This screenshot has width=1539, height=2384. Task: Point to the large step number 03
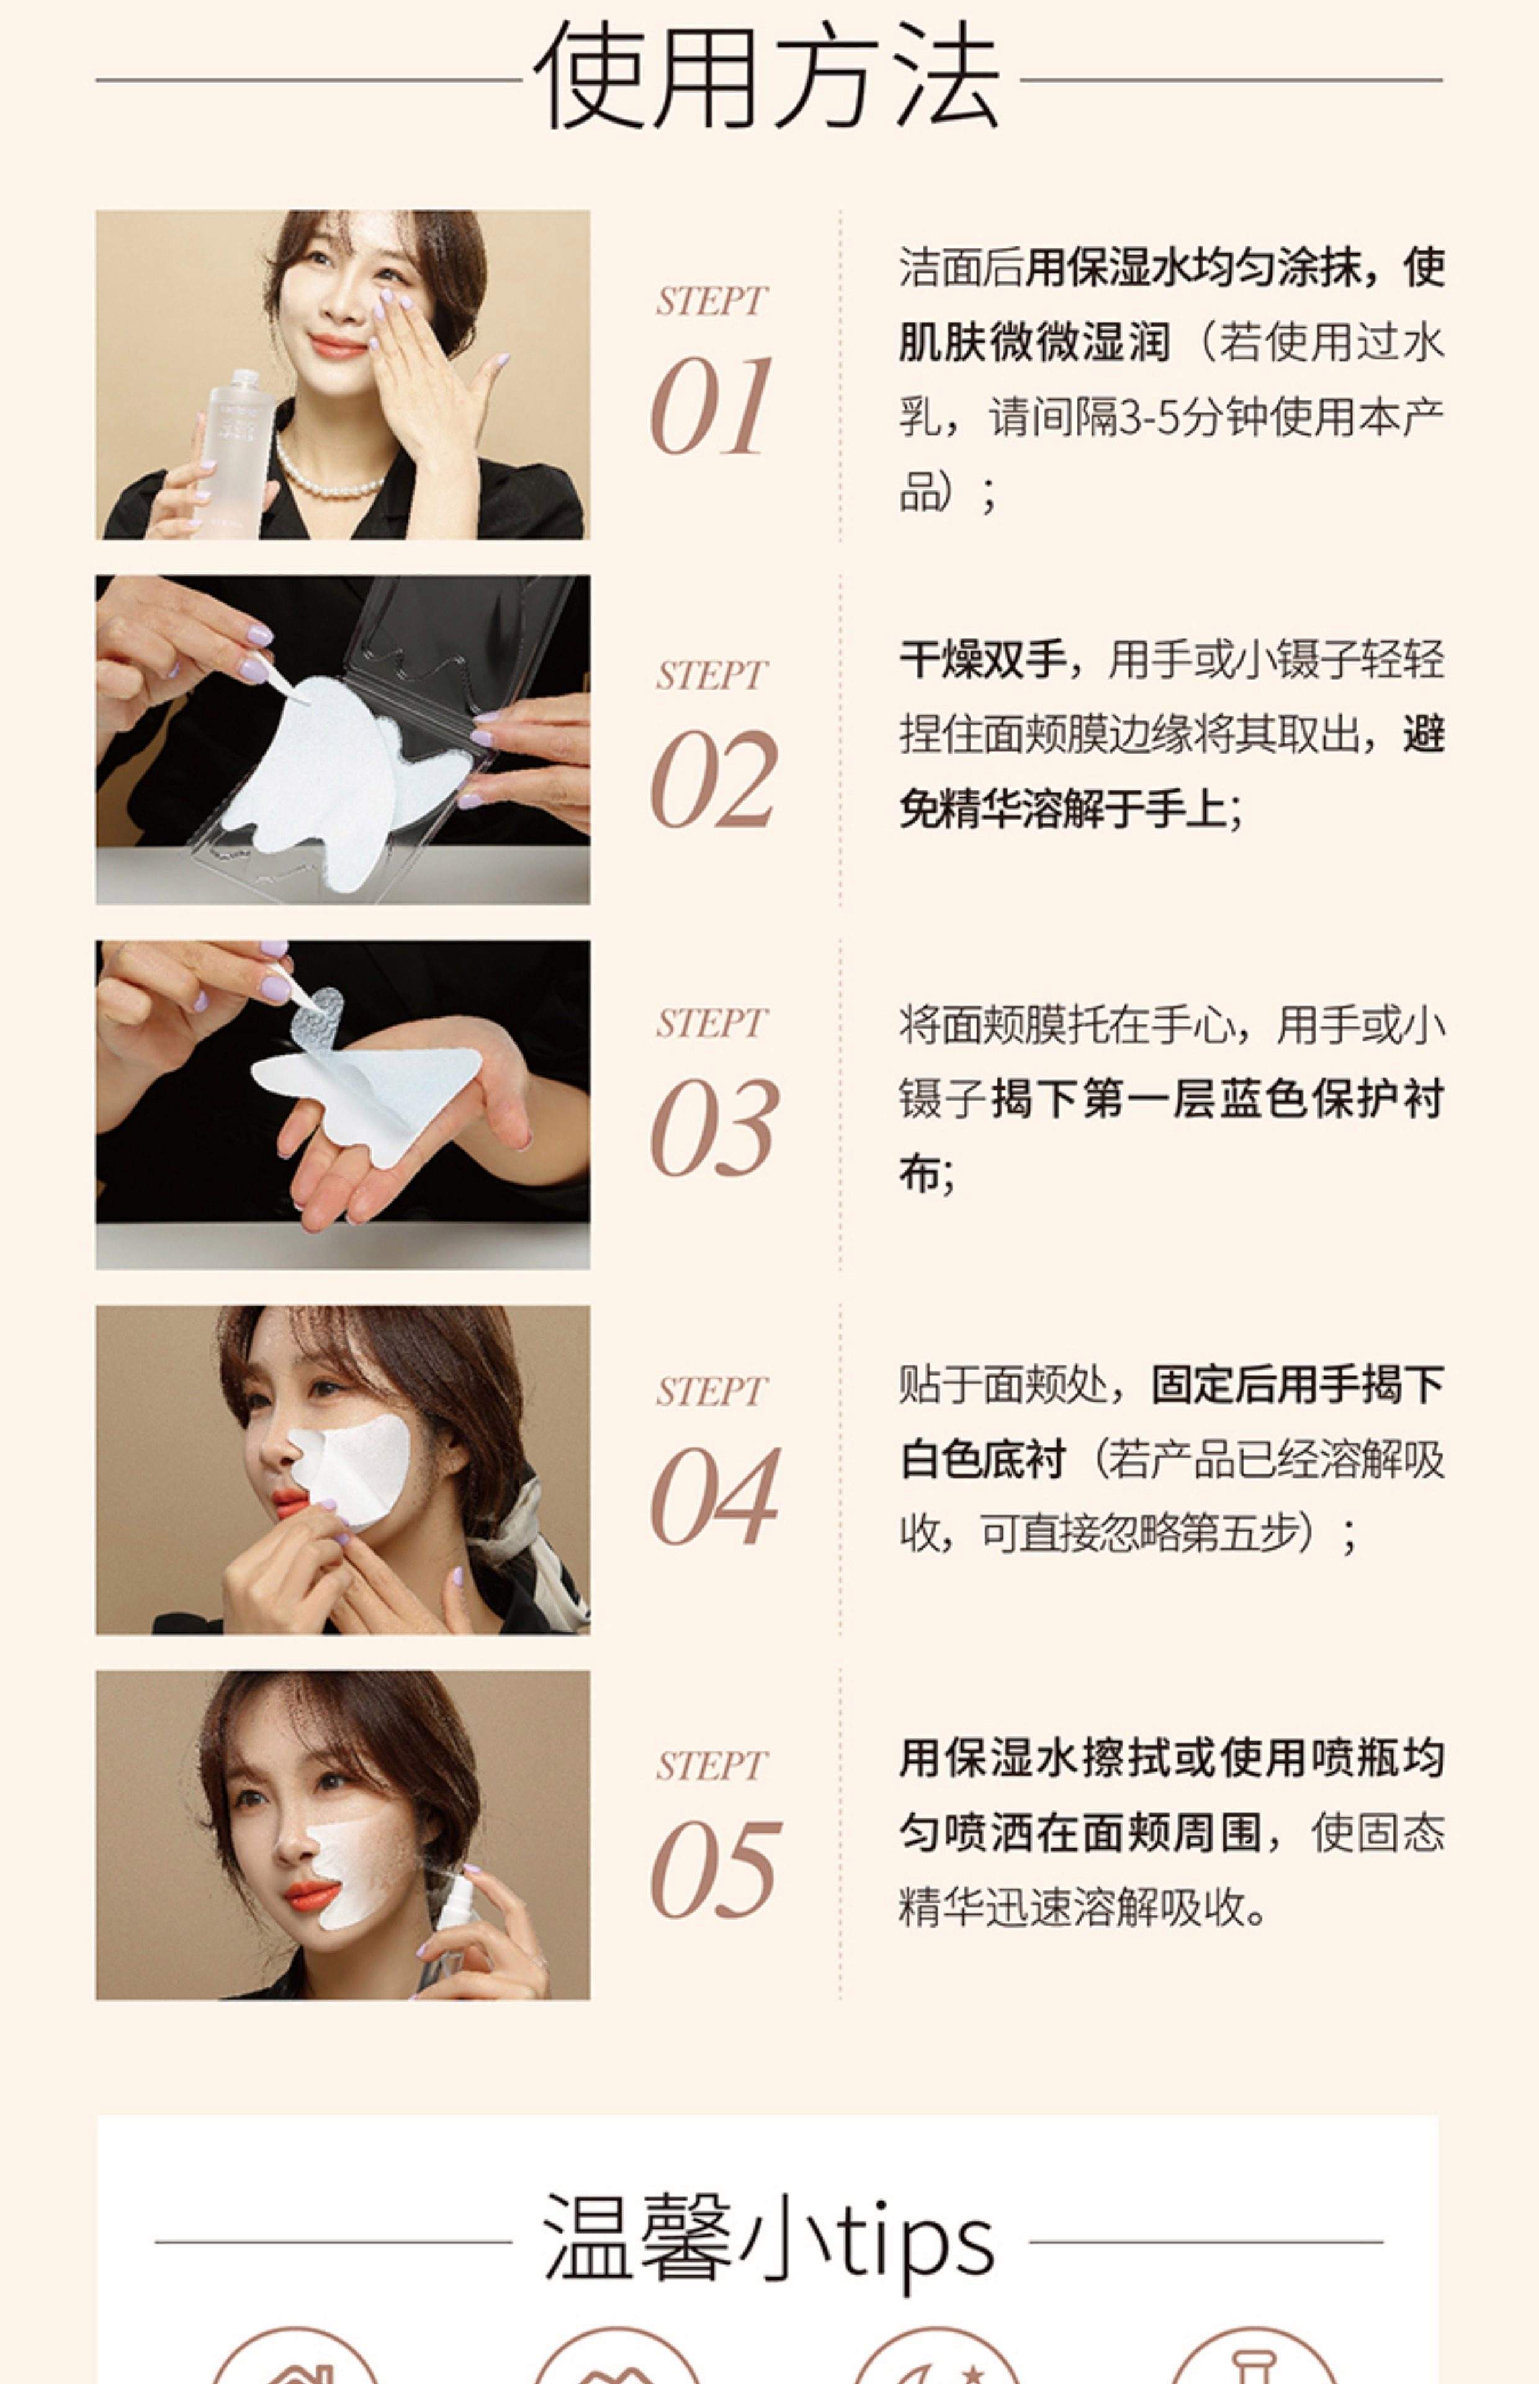tap(714, 1127)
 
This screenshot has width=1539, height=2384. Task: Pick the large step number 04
tap(714, 1496)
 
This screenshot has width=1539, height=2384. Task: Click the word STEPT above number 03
tap(711, 1023)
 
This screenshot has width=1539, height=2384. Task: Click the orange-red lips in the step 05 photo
tap(311, 1893)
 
